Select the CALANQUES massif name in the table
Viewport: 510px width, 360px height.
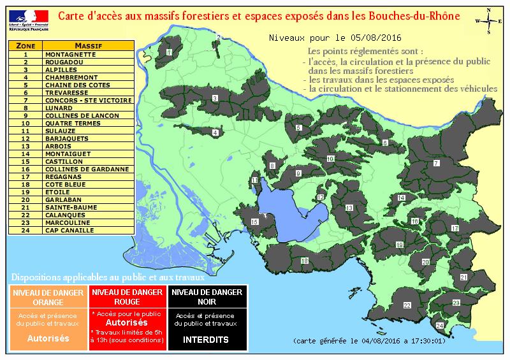click(62, 215)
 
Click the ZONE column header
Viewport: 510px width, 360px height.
click(25, 47)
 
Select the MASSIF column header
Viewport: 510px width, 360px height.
click(89, 47)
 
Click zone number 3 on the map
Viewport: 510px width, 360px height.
click(215, 98)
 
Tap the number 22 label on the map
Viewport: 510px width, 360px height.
click(407, 306)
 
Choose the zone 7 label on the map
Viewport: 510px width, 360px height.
click(436, 164)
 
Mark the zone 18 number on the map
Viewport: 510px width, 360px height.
click(305, 261)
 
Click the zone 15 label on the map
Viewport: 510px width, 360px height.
click(255, 222)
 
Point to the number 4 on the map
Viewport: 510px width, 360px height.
click(215, 133)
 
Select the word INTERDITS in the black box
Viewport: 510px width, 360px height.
click(205, 340)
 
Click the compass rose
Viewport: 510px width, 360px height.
click(487, 21)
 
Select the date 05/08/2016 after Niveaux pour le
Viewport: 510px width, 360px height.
click(370, 39)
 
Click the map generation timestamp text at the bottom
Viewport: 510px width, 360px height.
click(364, 342)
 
